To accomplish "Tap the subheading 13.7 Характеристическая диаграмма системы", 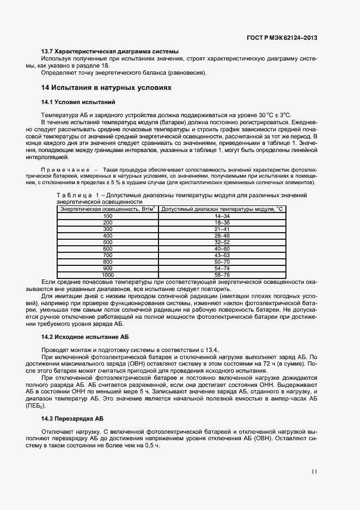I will [x=110, y=51].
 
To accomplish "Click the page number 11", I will [x=314, y=471].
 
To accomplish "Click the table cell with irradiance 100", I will [x=107, y=216].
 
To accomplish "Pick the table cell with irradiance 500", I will [x=107, y=242].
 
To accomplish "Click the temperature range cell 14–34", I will [x=222, y=216].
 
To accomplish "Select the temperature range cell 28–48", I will [x=222, y=235].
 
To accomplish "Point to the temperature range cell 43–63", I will [x=222, y=254].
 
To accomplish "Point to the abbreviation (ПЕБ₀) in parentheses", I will [x=33, y=406].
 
